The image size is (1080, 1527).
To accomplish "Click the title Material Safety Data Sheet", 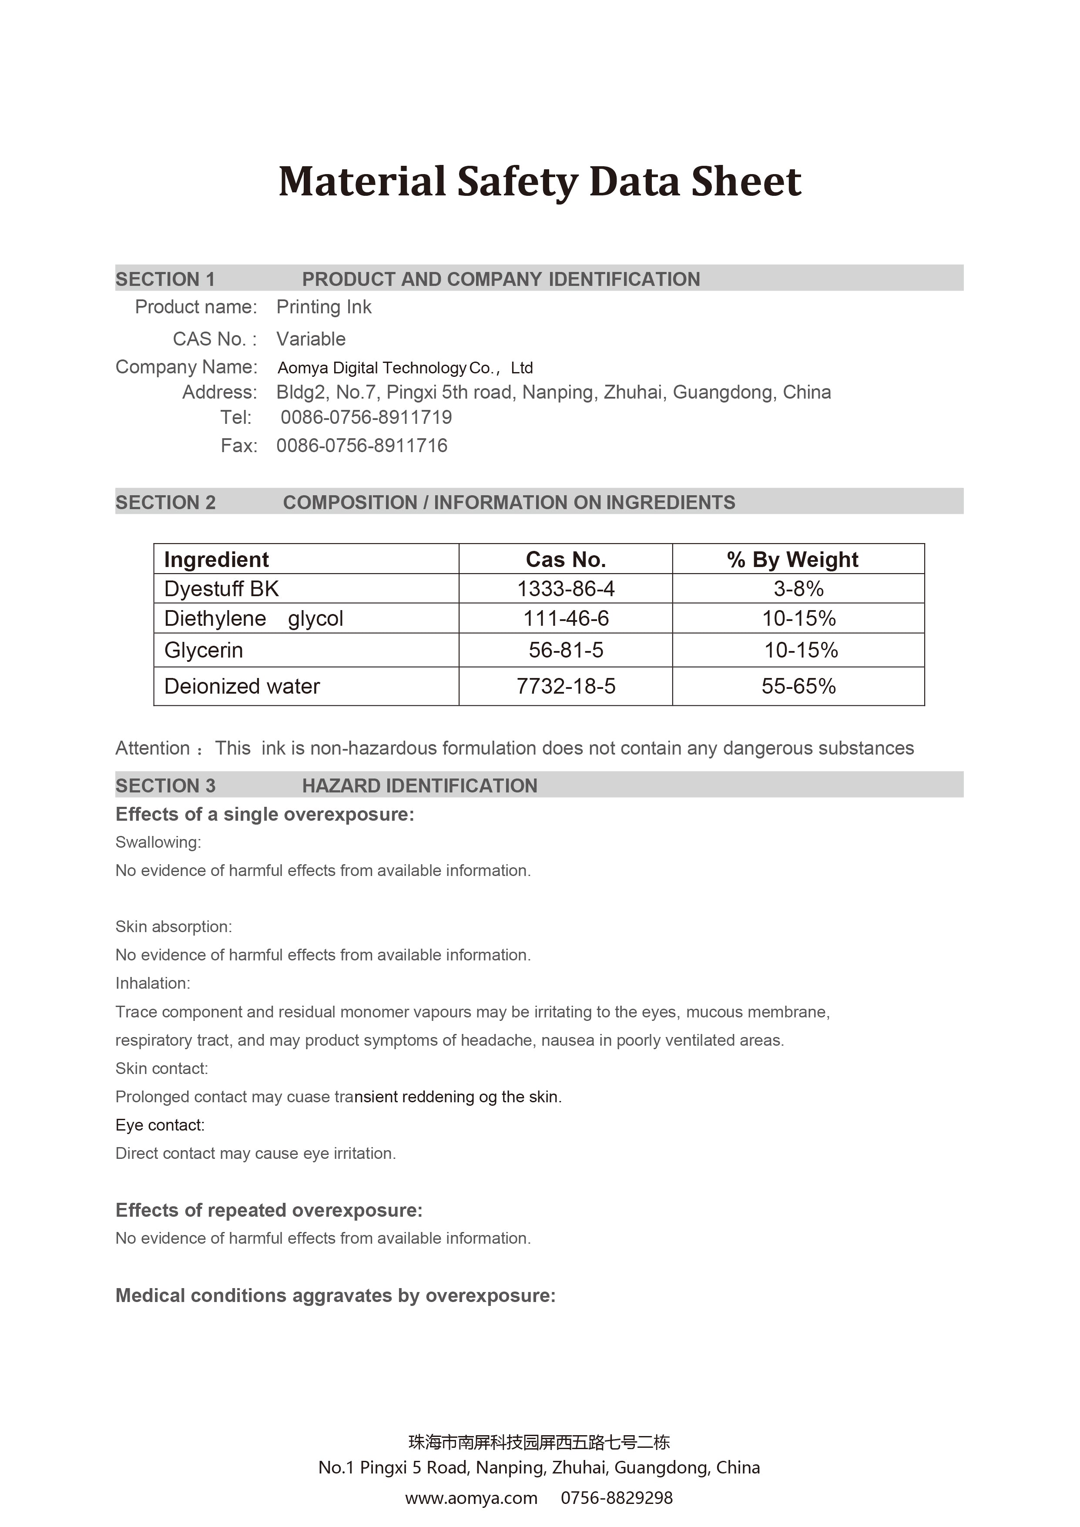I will pyautogui.click(x=539, y=181).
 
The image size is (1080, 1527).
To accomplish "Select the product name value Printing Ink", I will pyautogui.click(x=324, y=307).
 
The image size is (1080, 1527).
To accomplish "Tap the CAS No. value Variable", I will pyautogui.click(x=311, y=339).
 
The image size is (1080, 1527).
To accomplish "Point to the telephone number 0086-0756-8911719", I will pyautogui.click(x=366, y=418).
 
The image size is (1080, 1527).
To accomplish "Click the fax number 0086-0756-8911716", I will pyautogui.click(x=362, y=446).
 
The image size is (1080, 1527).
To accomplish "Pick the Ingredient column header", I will pyautogui.click(x=216, y=560).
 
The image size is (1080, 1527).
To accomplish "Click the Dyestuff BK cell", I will pyautogui.click(x=221, y=589).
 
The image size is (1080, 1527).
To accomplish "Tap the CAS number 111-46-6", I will pyautogui.click(x=566, y=618).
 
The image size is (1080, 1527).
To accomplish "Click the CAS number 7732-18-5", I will pyautogui.click(x=566, y=686).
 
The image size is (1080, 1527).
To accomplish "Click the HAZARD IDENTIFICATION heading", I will pyautogui.click(x=419, y=786).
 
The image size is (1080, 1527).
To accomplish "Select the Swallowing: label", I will pyautogui.click(x=158, y=842).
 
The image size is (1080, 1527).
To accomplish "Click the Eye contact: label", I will pyautogui.click(x=160, y=1125).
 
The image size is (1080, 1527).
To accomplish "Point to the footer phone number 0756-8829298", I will pyautogui.click(x=617, y=1498).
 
